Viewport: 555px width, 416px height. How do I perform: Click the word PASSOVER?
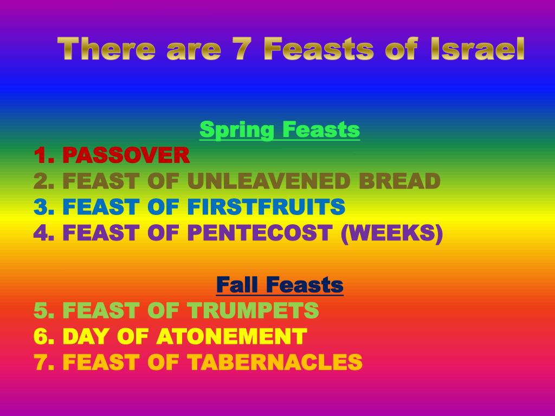click(126, 156)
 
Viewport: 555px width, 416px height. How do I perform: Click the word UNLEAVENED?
click(277, 181)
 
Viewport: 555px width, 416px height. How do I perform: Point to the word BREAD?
click(406, 181)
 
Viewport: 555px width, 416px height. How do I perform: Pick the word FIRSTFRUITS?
click(266, 207)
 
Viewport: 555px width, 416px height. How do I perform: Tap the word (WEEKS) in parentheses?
click(391, 233)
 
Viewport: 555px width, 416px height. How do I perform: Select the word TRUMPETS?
click(253, 310)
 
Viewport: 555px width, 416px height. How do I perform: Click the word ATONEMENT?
click(231, 336)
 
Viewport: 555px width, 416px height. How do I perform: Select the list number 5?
click(41, 310)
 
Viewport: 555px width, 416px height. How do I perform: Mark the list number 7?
click(41, 362)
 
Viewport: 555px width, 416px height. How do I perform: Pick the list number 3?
click(41, 207)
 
